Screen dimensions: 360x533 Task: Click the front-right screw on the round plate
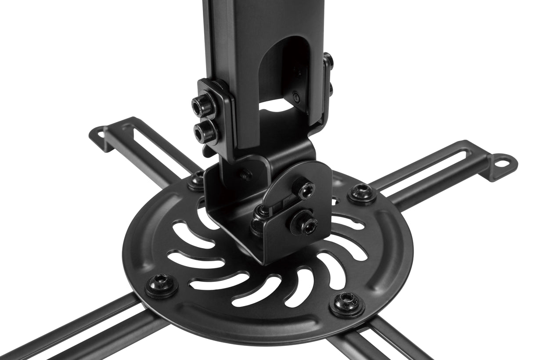coord(347,303)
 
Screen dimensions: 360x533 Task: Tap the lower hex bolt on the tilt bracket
coord(303,223)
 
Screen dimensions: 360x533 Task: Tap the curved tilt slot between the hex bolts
coord(281,203)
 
